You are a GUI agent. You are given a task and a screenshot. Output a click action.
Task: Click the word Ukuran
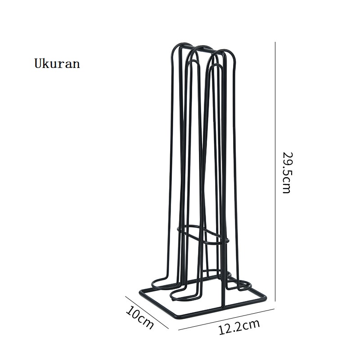coord(57,63)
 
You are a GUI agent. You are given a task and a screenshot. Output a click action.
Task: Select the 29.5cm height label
coord(287,172)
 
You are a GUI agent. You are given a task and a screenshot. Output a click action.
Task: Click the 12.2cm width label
coord(239,327)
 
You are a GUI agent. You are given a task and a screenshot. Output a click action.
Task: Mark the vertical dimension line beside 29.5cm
coord(275,171)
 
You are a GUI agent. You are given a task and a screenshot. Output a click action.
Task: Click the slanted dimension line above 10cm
coord(147,312)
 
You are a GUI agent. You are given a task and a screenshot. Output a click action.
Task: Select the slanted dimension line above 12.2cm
coord(226,319)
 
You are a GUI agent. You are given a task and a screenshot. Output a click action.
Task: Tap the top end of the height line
coord(275,42)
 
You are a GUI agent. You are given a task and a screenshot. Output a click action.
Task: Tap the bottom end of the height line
coord(275,301)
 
